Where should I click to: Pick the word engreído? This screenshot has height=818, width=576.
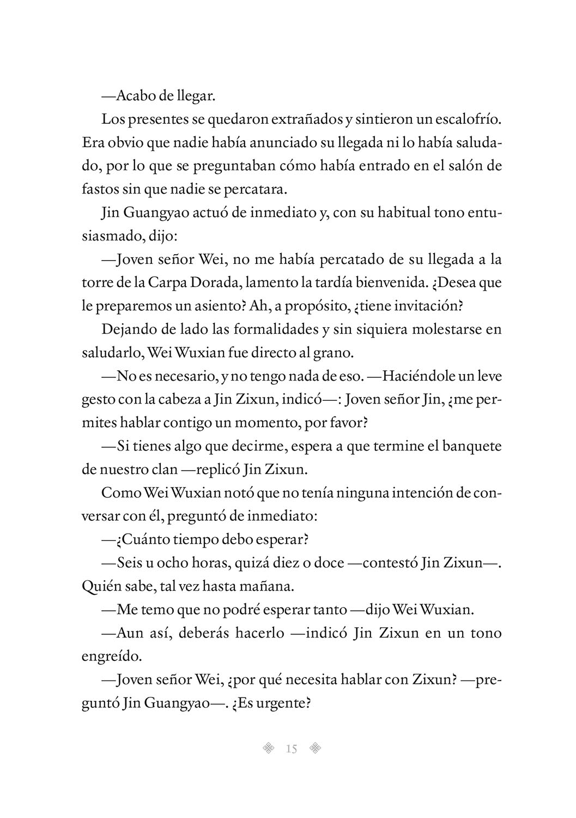click(x=111, y=656)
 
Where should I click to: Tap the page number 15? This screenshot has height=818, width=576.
click(x=291, y=749)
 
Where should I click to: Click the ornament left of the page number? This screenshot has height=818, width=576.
click(x=268, y=748)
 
